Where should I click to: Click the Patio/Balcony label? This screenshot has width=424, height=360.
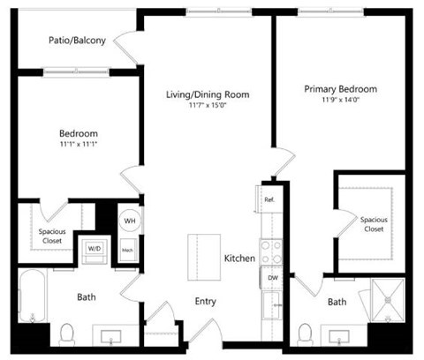(x=78, y=41)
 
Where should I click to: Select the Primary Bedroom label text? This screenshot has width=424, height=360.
(x=340, y=89)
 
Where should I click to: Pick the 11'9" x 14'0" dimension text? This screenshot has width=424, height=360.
(x=340, y=101)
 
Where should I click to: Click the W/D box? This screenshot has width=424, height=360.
(x=94, y=249)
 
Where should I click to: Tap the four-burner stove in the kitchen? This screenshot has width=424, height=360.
(x=269, y=251)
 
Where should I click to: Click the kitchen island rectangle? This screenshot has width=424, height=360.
(x=203, y=257)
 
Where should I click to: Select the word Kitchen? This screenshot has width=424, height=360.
(x=239, y=259)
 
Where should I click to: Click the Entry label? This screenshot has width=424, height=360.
(x=205, y=302)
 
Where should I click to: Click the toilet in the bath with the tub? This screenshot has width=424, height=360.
(x=67, y=334)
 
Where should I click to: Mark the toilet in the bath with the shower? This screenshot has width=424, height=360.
(x=306, y=334)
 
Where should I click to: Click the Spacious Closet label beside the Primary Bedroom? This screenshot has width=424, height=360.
(x=371, y=224)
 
